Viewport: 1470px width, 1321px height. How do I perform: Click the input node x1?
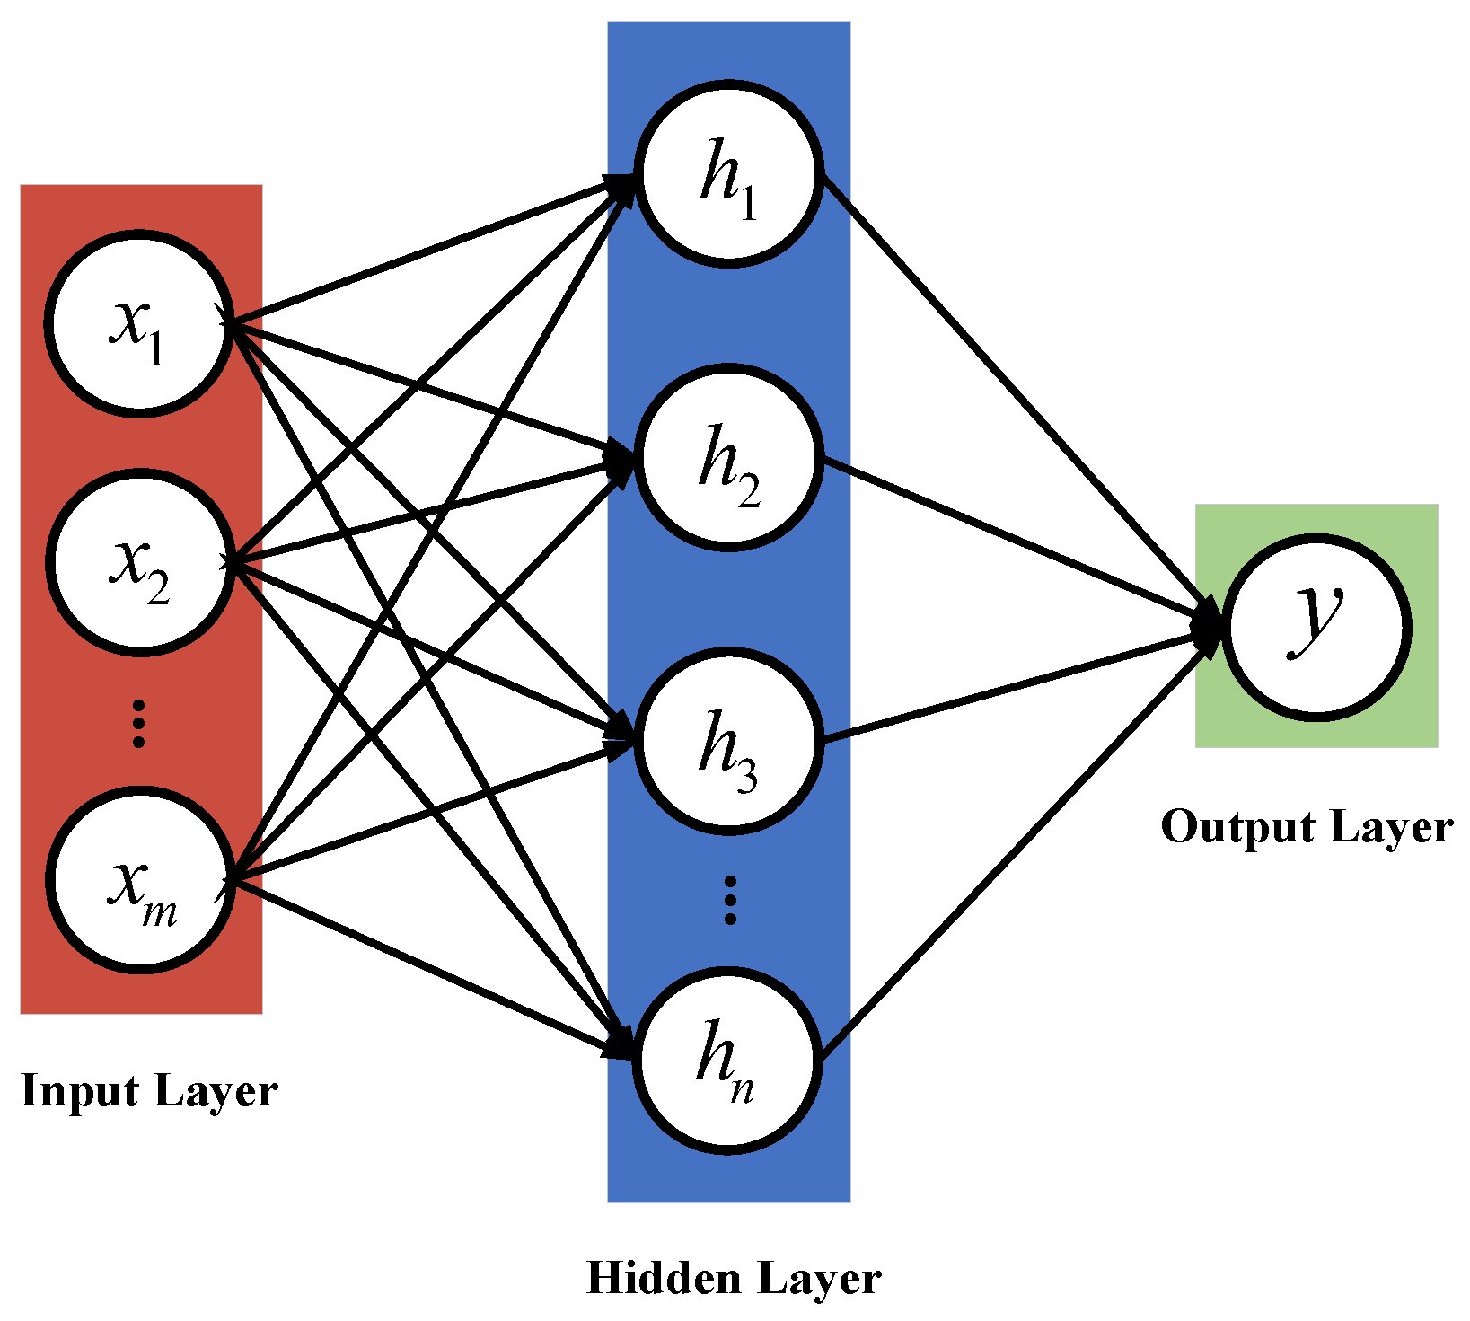pyautogui.click(x=139, y=323)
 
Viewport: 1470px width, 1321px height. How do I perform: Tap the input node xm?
pyautogui.click(x=139, y=880)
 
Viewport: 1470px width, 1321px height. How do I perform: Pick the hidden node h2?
pyautogui.click(x=728, y=457)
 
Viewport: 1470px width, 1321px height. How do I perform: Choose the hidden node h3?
pyautogui.click(x=728, y=741)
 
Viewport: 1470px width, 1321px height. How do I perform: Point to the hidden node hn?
pyautogui.click(x=728, y=1060)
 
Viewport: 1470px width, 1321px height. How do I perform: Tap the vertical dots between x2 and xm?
pyautogui.click(x=138, y=722)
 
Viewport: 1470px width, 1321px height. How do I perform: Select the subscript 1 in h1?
pyautogui.click(x=747, y=203)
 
